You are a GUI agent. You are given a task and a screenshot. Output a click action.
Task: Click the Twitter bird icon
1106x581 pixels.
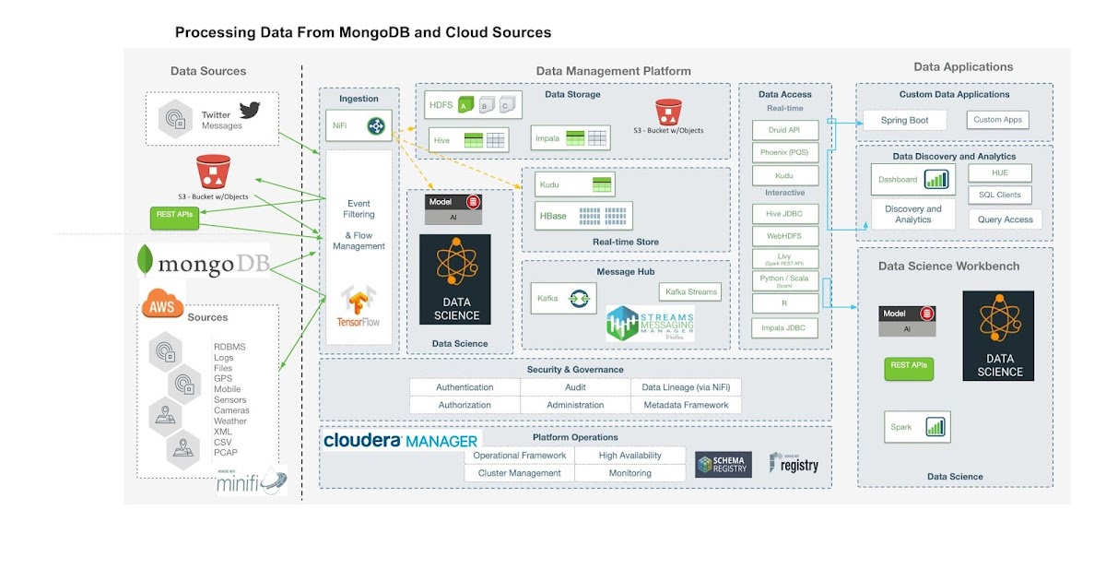pos(250,111)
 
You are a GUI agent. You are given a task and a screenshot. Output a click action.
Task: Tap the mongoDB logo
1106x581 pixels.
pos(203,263)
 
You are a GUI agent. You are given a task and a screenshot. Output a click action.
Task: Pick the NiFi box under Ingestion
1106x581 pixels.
pos(359,125)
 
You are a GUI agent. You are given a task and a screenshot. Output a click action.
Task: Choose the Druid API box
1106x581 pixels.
pos(784,130)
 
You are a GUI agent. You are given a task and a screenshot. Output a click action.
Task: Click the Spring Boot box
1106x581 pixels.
pos(905,120)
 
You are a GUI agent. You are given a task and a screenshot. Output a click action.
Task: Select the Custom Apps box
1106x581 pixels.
pos(999,120)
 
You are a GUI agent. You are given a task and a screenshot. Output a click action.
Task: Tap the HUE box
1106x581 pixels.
pos(999,172)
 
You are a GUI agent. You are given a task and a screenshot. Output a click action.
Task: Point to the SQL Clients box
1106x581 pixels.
pos(999,195)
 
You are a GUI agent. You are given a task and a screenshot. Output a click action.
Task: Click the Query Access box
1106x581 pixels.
pos(1005,219)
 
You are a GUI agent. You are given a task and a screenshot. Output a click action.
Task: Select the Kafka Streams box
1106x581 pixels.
pos(690,291)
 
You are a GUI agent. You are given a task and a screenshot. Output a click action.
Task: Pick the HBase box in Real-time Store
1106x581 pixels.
pos(583,217)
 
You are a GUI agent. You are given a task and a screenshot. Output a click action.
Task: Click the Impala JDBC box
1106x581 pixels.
pos(784,327)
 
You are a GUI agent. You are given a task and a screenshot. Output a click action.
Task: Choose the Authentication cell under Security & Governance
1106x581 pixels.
pos(465,387)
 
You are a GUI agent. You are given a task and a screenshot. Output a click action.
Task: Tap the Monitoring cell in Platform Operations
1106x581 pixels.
pos(629,473)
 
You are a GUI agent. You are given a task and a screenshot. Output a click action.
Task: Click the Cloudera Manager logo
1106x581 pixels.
pos(400,441)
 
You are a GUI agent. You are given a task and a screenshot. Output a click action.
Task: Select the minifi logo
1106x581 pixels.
pos(252,482)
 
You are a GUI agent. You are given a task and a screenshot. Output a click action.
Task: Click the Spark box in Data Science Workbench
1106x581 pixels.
pos(917,427)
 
